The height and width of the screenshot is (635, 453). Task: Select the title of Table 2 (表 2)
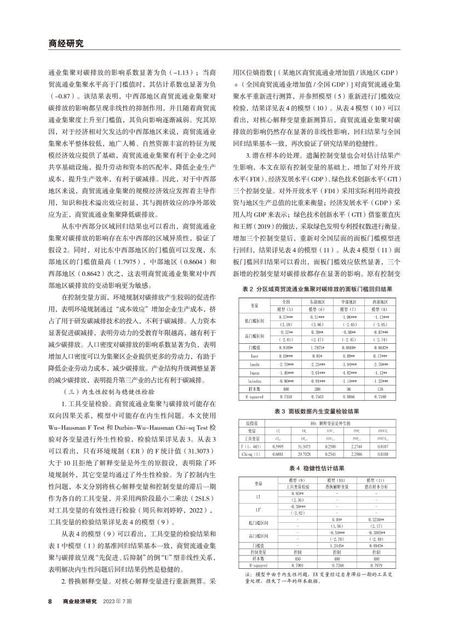click(317, 288)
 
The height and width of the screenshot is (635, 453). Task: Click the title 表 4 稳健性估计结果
click(317, 469)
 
